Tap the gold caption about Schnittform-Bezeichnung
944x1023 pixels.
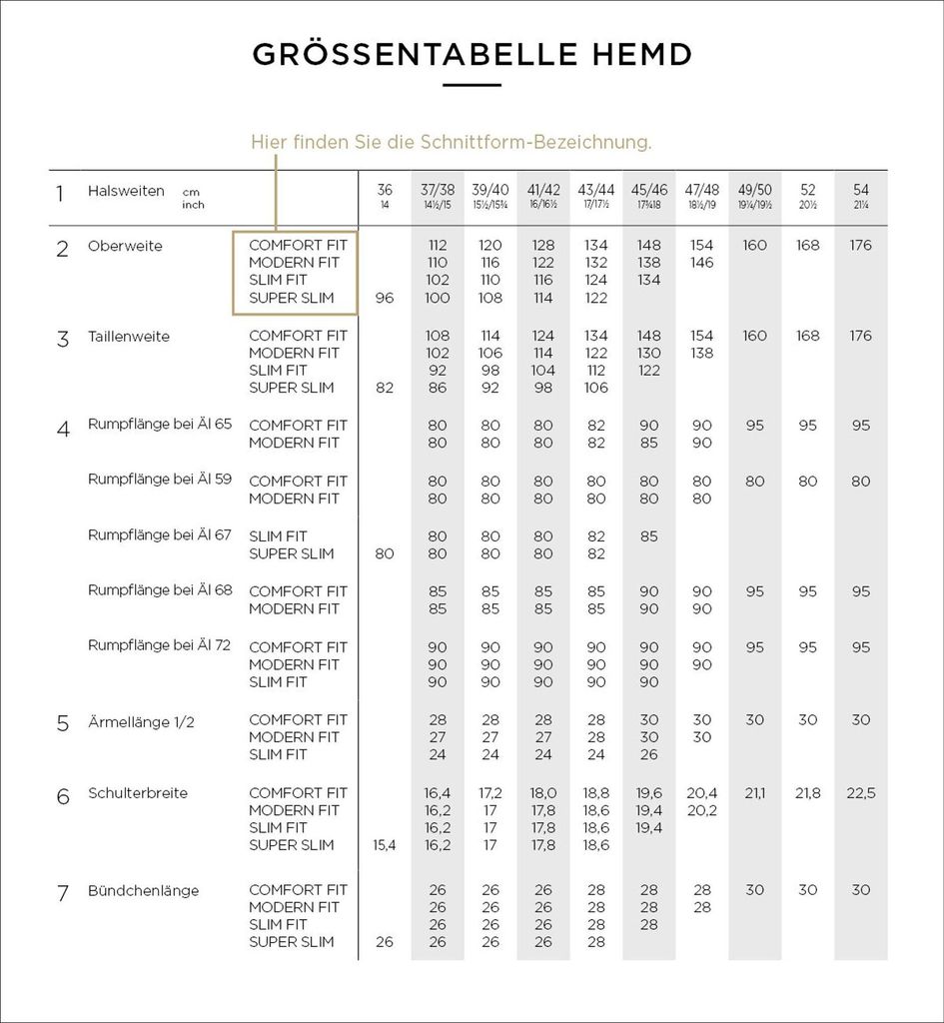451,143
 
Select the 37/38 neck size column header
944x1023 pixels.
438,190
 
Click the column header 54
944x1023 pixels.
861,190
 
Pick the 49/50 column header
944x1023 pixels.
755,190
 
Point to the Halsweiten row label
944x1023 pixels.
126,191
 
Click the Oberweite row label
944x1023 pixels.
125,246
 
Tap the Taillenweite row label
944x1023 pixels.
129,337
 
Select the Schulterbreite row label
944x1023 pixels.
138,793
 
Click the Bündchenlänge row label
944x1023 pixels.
143,890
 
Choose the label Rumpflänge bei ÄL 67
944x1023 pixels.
160,535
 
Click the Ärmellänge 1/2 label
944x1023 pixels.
141,720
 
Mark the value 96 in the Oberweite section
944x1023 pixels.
385,298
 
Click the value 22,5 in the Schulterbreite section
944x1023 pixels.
861,793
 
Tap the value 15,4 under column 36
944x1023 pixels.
385,845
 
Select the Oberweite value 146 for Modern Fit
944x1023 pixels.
702,263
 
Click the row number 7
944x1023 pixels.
63,893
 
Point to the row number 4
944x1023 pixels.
63,429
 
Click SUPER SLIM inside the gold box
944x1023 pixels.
292,298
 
